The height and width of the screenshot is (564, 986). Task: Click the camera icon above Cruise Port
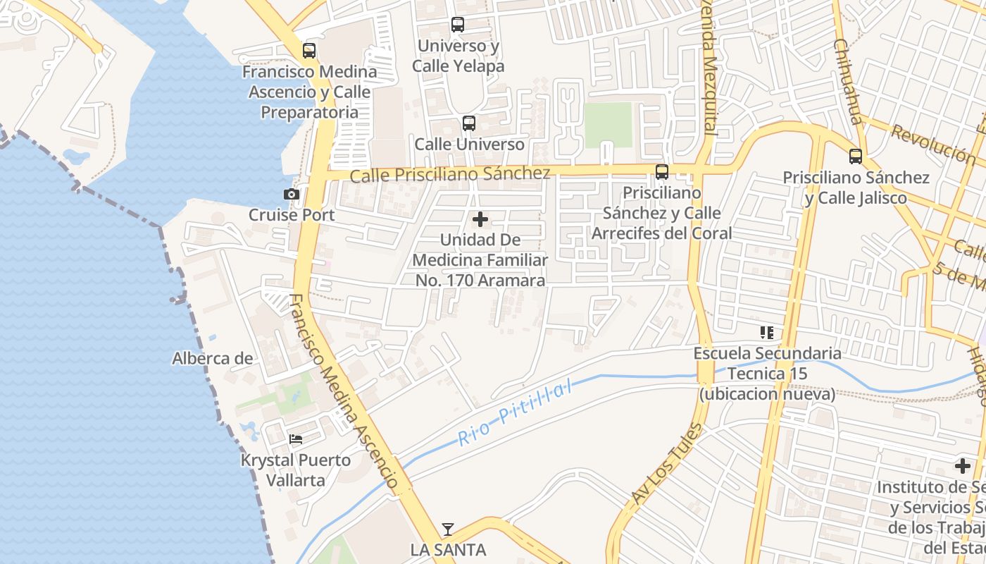click(292, 194)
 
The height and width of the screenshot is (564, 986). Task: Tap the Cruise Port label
click(292, 214)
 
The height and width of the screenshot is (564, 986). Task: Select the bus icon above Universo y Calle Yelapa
click(458, 25)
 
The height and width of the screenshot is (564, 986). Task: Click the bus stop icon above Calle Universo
click(469, 123)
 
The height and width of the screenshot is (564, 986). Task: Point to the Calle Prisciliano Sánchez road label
click(450, 174)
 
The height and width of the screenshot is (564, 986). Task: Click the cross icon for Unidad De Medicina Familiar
click(480, 219)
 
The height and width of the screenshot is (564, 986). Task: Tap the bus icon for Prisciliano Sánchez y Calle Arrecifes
click(662, 171)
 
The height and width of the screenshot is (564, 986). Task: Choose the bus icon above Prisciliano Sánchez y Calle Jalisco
click(856, 157)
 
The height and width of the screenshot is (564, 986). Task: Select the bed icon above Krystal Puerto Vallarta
click(296, 439)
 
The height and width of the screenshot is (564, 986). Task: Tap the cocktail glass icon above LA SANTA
click(448, 529)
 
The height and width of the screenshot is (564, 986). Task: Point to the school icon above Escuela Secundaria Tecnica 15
click(767, 332)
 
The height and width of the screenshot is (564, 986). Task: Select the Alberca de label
click(212, 358)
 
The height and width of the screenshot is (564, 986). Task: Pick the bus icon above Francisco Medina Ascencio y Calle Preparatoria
click(309, 51)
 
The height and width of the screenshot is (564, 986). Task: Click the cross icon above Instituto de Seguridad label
click(963, 465)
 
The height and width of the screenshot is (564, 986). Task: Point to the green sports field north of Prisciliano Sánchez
click(609, 125)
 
